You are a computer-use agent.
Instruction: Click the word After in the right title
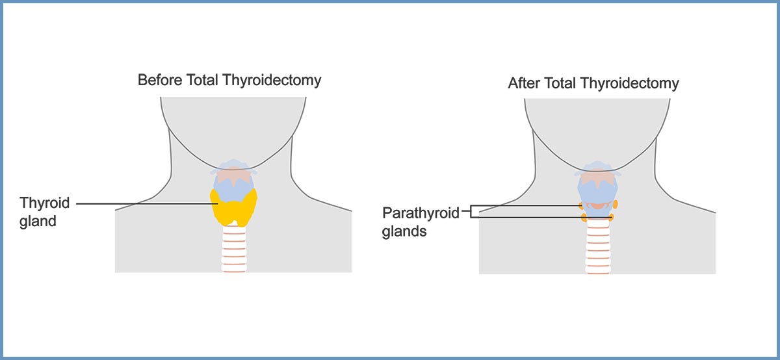pyautogui.click(x=524, y=83)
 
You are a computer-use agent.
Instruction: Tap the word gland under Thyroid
pyautogui.click(x=38, y=221)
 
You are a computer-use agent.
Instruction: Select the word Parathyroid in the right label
pyautogui.click(x=421, y=213)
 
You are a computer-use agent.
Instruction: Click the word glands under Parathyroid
pyautogui.click(x=404, y=231)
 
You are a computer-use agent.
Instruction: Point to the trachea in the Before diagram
pyautogui.click(x=233, y=250)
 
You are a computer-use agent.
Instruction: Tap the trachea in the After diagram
pyautogui.click(x=598, y=250)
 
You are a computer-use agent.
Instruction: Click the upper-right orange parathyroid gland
pyautogui.click(x=614, y=205)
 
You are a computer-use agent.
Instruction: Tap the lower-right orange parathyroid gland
pyautogui.click(x=611, y=217)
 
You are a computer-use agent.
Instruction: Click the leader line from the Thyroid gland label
pyautogui.click(x=143, y=203)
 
